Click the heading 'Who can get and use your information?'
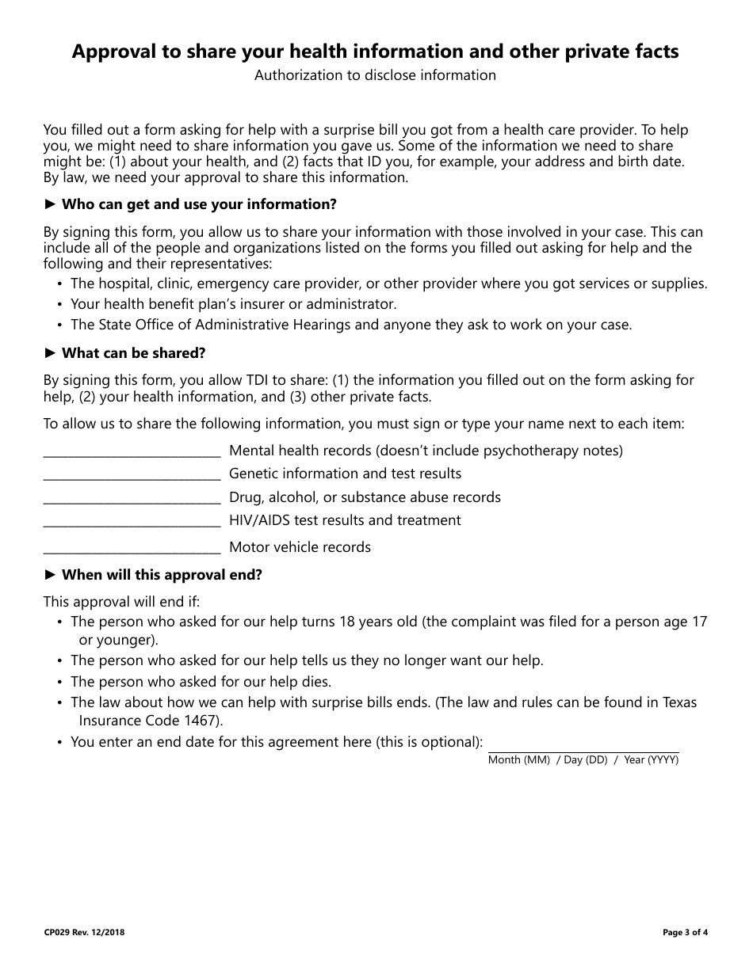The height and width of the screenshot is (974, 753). coord(199,204)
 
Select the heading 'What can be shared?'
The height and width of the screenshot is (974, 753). coord(133,353)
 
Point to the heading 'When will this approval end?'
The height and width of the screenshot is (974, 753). coord(162,575)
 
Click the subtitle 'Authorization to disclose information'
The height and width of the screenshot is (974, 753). coord(375,75)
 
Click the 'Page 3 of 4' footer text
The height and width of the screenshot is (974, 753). coord(685,932)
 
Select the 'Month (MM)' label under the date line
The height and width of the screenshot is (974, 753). coord(518,760)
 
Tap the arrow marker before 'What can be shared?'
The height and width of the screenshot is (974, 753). coord(50,353)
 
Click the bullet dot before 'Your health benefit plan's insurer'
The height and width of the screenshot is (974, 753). coord(60,305)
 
